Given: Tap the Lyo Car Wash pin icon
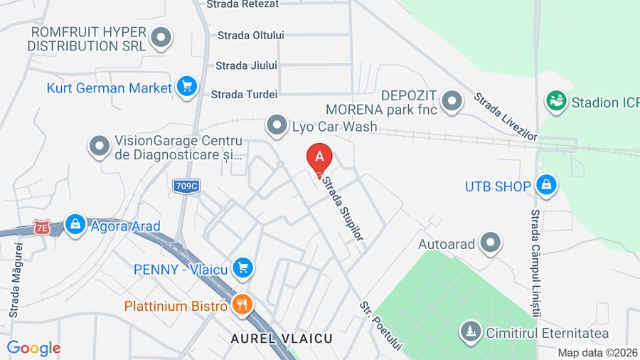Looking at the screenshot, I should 276,127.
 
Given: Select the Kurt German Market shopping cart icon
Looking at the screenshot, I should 187,87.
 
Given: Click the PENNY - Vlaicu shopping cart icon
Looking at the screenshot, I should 243,268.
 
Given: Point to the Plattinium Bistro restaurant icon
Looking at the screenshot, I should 241,305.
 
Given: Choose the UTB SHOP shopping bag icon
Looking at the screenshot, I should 545,185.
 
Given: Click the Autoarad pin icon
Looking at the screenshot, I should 490,243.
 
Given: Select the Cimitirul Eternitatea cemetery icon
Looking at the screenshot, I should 470,331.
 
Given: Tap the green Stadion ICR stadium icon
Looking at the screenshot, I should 555,101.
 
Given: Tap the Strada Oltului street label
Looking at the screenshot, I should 250,35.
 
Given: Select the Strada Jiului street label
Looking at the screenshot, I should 246,65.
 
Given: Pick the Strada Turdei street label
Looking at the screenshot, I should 244,94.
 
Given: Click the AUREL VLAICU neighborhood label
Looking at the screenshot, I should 281,339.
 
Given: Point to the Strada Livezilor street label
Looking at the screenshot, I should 506,116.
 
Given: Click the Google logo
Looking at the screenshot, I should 33,348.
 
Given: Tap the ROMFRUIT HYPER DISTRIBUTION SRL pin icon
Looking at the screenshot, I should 163,37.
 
